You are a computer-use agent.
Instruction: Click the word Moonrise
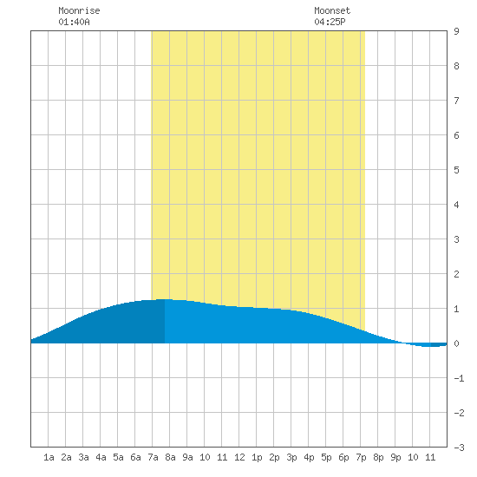point(79,10)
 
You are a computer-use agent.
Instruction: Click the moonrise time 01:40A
point(74,22)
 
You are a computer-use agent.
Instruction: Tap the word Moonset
point(332,10)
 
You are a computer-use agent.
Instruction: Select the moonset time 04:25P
point(330,22)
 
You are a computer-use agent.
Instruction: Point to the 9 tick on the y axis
point(456,31)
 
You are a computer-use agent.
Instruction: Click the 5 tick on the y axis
point(456,170)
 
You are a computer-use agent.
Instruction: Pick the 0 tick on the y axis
point(456,343)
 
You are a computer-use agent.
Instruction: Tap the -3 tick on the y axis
point(459,448)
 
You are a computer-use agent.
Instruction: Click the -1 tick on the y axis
point(459,378)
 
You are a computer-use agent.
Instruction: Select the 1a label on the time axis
point(49,457)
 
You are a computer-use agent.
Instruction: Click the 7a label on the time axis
point(153,457)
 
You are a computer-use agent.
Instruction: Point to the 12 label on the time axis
point(239,457)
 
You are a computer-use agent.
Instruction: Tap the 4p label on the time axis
point(309,457)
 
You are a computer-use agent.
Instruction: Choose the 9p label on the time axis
point(395,457)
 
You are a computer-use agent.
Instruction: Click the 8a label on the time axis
point(170,457)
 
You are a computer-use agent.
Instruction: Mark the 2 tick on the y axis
point(456,274)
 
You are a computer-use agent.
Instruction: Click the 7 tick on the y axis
point(456,101)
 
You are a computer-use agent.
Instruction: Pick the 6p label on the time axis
point(343,457)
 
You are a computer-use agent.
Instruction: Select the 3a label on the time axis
point(83,457)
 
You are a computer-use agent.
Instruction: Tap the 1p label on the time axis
point(257,457)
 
